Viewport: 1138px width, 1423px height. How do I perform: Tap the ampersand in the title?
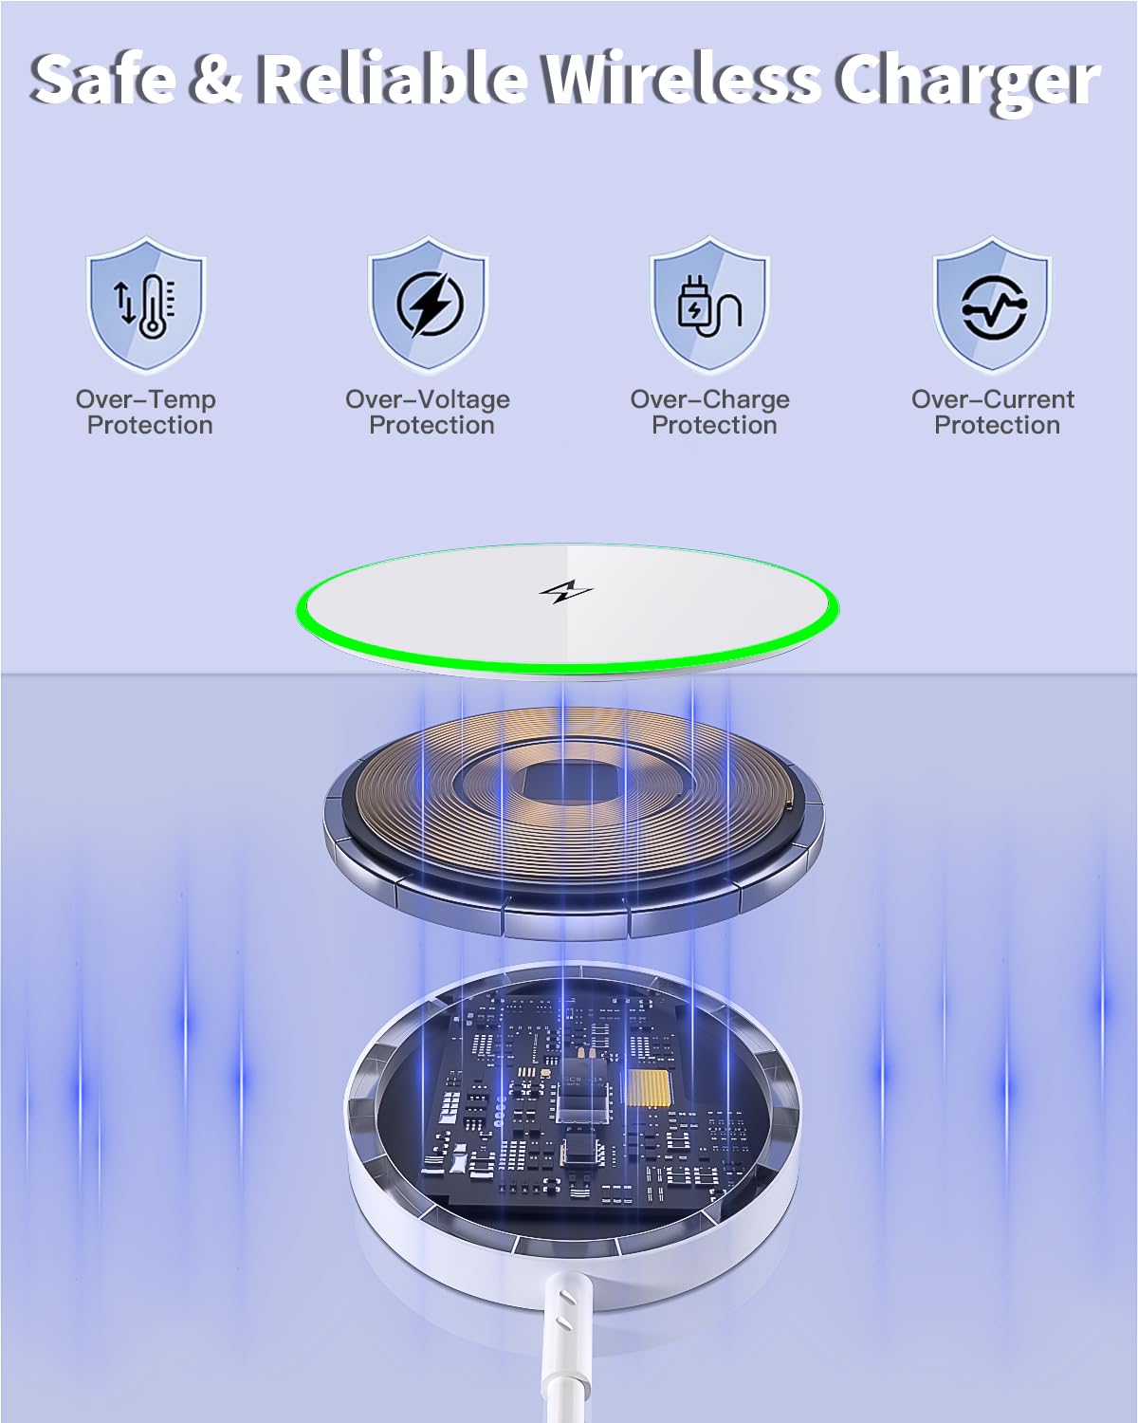pyautogui.click(x=215, y=80)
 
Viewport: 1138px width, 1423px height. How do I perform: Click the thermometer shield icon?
pyautogui.click(x=146, y=305)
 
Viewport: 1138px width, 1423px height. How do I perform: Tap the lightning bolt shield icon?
pyautogui.click(x=429, y=305)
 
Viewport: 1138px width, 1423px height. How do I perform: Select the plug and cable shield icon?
pyautogui.click(x=710, y=305)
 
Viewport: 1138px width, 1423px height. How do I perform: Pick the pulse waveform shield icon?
pyautogui.click(x=993, y=305)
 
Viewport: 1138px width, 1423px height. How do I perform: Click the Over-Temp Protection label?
pyautogui.click(x=146, y=412)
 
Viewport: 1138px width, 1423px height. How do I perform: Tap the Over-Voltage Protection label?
pyautogui.click(x=429, y=412)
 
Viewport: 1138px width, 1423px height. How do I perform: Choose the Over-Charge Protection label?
pyautogui.click(x=710, y=412)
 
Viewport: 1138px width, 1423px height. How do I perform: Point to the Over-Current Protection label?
pyautogui.click(x=993, y=412)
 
